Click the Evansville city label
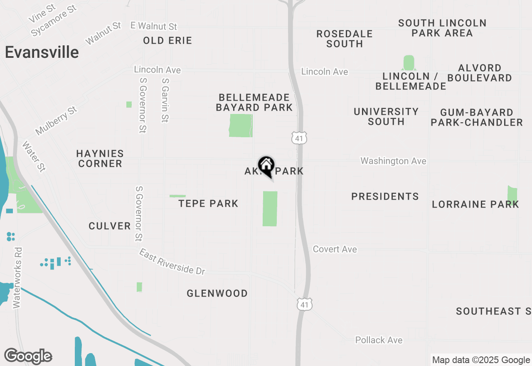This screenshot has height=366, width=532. (x=42, y=52)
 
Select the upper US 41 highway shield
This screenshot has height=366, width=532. (x=299, y=138)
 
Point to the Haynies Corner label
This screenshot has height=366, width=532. (x=100, y=158)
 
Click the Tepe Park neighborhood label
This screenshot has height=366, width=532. (x=208, y=203)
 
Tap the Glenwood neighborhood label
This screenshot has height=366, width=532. (x=217, y=293)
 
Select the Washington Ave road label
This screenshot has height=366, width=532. (x=393, y=161)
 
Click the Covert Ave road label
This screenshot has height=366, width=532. (x=335, y=249)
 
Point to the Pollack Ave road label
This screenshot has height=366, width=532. (x=379, y=340)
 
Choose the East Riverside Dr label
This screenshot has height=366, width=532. (x=172, y=262)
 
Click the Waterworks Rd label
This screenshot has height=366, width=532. (x=17, y=278)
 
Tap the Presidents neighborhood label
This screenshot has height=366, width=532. (x=385, y=196)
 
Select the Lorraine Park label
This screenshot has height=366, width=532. (x=475, y=204)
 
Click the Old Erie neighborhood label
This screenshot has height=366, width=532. (x=167, y=40)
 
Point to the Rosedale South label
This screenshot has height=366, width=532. (x=345, y=39)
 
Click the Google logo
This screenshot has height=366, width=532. (x=28, y=356)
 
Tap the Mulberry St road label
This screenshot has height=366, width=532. (x=57, y=121)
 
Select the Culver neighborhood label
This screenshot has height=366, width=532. (x=110, y=226)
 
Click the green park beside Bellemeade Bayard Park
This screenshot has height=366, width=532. (x=241, y=126)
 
